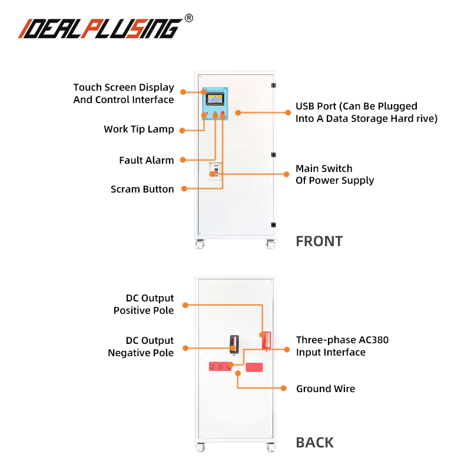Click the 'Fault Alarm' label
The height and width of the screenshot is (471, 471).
click(x=147, y=160)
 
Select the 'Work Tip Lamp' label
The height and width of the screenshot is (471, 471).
click(x=139, y=129)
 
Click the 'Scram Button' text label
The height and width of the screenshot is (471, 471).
click(x=142, y=189)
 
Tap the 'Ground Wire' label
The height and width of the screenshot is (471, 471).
click(x=326, y=389)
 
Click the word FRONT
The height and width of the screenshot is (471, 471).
click(x=319, y=241)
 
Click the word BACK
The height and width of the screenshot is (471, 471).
click(x=314, y=443)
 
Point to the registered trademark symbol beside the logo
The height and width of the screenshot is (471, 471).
click(x=188, y=18)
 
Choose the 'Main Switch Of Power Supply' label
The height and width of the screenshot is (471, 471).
click(x=334, y=174)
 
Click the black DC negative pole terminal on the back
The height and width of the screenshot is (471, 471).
click(x=234, y=343)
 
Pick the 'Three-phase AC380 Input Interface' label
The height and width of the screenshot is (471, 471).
click(x=342, y=346)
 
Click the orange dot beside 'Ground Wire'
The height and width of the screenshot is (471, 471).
click(x=283, y=389)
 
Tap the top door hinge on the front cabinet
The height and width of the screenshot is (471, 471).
click(x=273, y=86)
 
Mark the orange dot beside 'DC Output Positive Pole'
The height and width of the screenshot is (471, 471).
click(x=184, y=304)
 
